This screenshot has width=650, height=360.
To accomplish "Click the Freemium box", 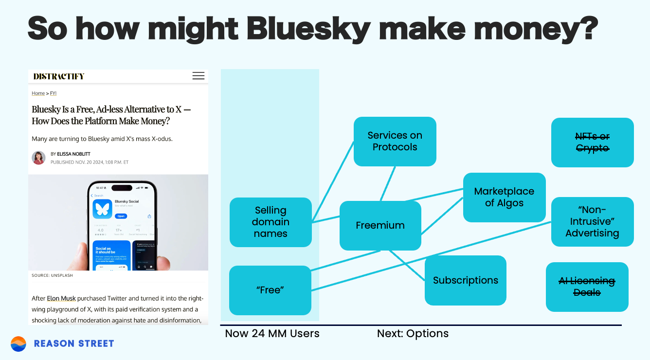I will [380, 225].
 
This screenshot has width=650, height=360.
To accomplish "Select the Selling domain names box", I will [271, 222].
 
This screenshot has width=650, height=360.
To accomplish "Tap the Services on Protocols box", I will [395, 141].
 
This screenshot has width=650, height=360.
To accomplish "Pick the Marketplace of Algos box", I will [504, 197].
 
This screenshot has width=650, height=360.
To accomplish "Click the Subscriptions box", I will [465, 280].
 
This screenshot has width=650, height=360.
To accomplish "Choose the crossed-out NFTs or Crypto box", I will [592, 142].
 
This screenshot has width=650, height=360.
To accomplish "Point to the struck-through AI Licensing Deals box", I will [587, 287].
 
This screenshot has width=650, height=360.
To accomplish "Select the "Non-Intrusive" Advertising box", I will [592, 221].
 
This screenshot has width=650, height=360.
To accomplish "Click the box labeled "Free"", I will [270, 290].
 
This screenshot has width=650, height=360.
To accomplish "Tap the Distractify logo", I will [59, 76].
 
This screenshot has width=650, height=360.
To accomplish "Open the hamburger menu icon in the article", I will [198, 76].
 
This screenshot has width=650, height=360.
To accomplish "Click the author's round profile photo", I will [38, 158].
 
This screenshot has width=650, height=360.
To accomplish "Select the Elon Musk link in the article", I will [61, 298].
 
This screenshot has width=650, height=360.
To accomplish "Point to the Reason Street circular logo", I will [18, 343].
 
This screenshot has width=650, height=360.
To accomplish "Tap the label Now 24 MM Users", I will [272, 334].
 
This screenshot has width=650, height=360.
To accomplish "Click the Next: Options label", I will [413, 334].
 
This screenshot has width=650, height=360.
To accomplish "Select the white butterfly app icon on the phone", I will [102, 209].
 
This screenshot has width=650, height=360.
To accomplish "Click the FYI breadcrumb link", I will [53, 93].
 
